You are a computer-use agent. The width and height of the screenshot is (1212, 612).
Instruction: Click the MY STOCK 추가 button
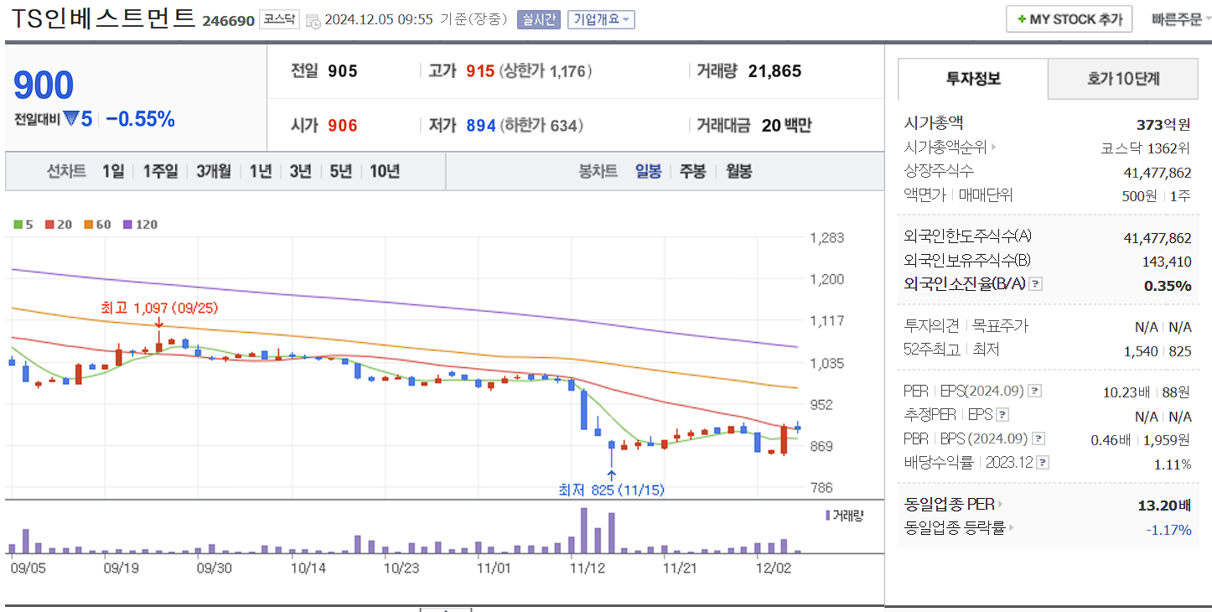point(1069,18)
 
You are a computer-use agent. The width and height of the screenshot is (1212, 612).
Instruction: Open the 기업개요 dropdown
point(601,19)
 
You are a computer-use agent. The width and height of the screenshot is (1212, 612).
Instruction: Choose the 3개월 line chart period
point(214,171)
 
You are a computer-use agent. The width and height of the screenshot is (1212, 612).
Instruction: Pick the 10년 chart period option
point(384,171)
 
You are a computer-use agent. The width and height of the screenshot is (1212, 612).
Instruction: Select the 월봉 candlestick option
point(738,171)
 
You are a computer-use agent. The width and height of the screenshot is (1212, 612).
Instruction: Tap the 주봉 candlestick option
point(692,171)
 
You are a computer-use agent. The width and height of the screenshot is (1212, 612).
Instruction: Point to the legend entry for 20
point(59,225)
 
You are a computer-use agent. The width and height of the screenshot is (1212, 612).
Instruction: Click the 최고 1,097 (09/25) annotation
point(158,308)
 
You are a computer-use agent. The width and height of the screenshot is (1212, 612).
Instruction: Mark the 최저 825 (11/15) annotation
point(611,490)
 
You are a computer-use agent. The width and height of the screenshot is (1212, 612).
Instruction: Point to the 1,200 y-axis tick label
point(826,279)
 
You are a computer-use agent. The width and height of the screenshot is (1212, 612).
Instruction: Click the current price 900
point(44,86)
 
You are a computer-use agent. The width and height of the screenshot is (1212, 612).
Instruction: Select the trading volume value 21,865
point(774,71)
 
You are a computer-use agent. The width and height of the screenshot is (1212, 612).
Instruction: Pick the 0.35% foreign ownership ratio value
point(1167,285)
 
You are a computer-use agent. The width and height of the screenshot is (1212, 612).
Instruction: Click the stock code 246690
point(228,20)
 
